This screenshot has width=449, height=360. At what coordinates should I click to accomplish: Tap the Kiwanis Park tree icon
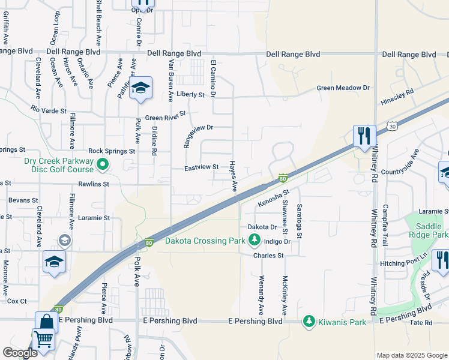click(x=310, y=322)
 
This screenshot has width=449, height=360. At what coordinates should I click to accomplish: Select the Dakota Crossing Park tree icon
click(x=255, y=241)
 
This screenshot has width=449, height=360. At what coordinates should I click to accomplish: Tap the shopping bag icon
click(x=47, y=322)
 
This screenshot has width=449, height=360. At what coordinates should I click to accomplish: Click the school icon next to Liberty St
click(x=141, y=89)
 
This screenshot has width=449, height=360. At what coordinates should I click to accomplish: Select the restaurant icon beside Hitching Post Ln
click(x=442, y=260)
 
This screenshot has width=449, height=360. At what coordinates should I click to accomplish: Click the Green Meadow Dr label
click(x=343, y=88)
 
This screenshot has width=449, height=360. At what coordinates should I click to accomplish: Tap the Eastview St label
click(x=201, y=168)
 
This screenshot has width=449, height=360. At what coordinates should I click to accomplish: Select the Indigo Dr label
click(x=277, y=241)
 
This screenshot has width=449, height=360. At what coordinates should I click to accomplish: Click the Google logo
click(x=20, y=353)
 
